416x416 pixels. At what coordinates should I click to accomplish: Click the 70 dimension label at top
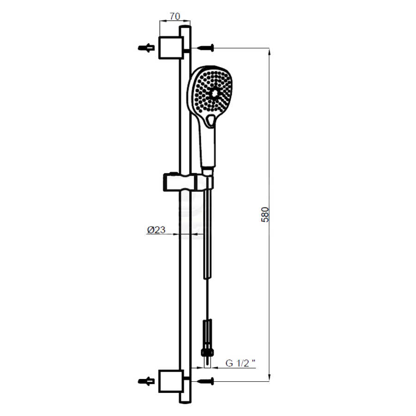175,17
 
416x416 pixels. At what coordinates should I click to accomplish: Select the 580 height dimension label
265,214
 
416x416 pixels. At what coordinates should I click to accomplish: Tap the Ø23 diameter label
156,230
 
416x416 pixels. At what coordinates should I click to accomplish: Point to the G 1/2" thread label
241,363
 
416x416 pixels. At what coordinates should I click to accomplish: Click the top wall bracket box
171,48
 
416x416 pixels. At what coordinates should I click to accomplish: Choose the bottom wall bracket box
171,381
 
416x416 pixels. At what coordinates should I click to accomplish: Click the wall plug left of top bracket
146,48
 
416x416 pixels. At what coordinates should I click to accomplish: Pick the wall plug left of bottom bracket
146,381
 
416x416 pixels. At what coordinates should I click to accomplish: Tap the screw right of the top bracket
206,48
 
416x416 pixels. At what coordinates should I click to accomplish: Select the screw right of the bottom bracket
206,381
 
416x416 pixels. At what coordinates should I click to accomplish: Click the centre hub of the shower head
214,93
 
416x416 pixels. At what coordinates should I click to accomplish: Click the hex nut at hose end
207,353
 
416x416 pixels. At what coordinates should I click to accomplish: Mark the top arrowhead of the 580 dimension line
269,52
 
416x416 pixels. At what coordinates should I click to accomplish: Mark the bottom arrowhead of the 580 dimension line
269,377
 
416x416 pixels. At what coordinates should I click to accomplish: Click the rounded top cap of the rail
185,28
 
